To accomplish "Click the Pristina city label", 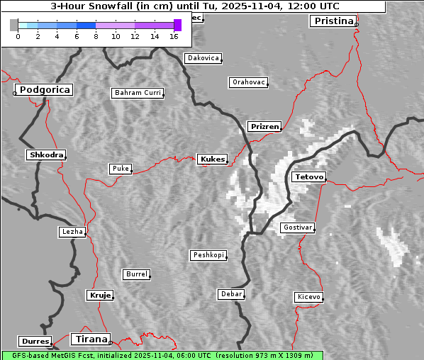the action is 332,21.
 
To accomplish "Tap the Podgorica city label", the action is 44,90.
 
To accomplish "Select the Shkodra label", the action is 45,154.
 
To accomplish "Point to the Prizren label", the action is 264,127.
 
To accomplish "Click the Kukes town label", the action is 212,159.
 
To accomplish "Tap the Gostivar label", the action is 296,227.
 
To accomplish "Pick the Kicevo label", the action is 308,297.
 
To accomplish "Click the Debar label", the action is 231,294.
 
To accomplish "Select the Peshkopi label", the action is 208,255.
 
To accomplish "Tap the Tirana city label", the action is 91,339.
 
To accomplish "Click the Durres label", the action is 35,342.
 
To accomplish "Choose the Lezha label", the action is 72,232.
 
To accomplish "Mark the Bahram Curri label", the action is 138,93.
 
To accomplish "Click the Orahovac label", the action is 248,82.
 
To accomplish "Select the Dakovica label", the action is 202,58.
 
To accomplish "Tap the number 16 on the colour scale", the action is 174,35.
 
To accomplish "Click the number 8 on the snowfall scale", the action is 96,35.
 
